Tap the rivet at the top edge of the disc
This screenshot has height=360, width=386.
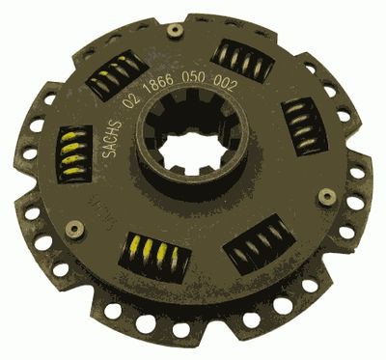(175, 31)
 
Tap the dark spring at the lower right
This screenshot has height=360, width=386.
(259, 243)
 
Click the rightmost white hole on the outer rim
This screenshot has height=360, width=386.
(366, 194)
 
